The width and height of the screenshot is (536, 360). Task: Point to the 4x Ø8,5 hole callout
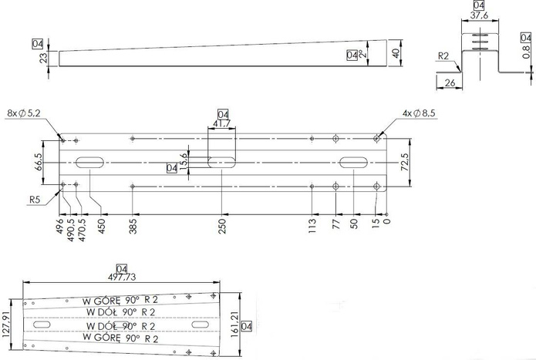(418, 113)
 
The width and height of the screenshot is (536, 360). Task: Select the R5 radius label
(34, 200)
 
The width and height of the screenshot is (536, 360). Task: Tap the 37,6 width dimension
(478, 14)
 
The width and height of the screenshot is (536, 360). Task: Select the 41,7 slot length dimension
(223, 123)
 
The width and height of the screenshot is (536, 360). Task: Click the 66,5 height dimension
(38, 163)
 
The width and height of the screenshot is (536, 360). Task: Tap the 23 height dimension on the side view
(43, 58)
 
